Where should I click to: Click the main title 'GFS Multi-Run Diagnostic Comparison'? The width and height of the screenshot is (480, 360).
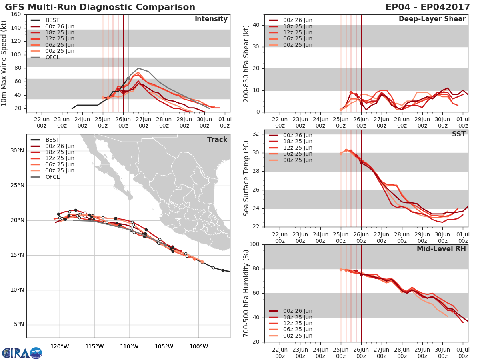pos(100,7)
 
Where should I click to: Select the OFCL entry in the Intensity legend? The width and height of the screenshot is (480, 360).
pos(52,57)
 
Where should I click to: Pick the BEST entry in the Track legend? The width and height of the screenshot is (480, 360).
pos(52,140)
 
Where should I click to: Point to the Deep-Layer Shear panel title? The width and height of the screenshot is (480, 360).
pos(432,19)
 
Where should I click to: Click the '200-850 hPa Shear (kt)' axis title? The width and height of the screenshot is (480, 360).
pos(246,63)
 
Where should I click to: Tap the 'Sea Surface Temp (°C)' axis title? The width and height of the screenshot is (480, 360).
pos(246,178)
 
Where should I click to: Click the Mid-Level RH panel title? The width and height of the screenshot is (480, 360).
pos(441,249)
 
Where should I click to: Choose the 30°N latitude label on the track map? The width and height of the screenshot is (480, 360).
pos(16,151)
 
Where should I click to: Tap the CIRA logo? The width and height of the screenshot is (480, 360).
pos(22,353)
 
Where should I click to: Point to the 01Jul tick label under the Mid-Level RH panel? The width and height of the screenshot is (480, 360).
pos(463,352)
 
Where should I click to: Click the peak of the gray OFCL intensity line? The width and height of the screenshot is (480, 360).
pos(138,68)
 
